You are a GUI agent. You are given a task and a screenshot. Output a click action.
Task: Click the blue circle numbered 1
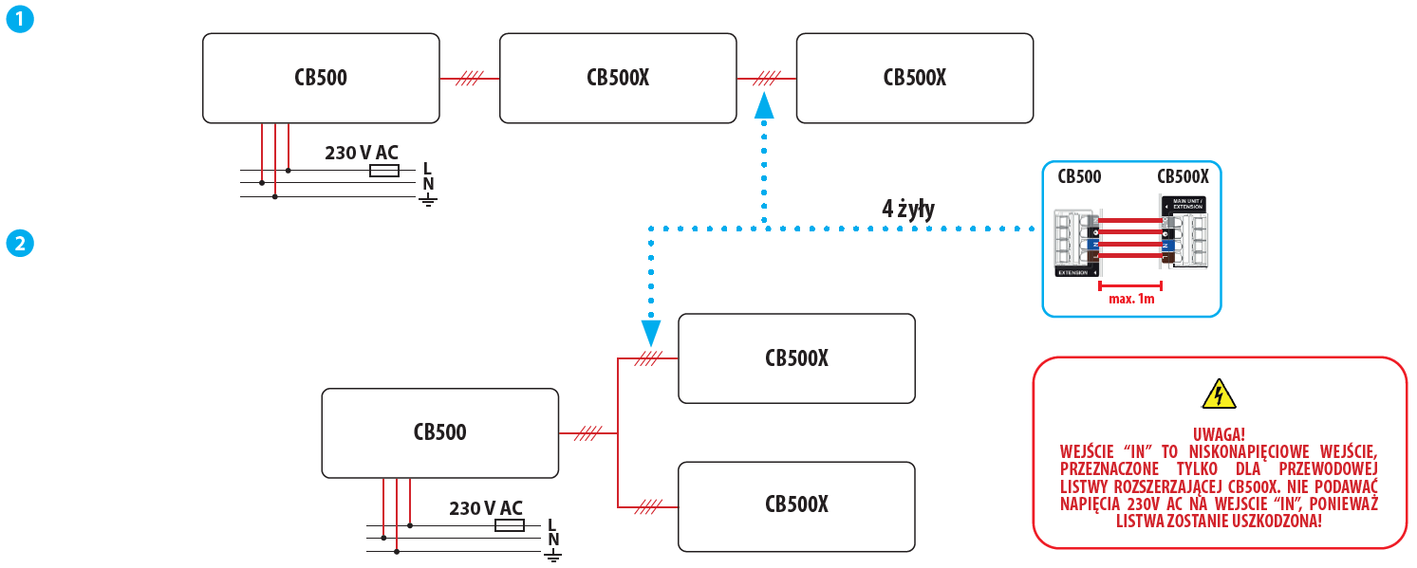coord(20,20)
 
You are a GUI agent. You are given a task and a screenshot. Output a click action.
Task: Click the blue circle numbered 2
coord(20,244)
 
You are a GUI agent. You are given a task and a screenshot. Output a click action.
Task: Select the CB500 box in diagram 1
coord(321,78)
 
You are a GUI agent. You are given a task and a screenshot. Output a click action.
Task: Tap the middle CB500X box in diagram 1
coord(618,78)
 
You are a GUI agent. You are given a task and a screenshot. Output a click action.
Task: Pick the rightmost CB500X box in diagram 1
coord(914,78)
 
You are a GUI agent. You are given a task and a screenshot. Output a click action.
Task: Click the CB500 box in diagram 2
coord(439,432)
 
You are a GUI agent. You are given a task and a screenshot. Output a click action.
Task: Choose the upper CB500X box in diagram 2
coord(796,358)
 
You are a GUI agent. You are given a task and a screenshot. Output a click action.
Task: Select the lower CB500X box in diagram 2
coord(796,505)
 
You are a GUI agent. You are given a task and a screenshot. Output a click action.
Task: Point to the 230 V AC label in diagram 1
coord(362,153)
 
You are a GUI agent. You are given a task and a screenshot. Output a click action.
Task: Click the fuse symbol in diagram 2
coord(511,525)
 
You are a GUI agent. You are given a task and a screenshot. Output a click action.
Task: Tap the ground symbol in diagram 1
coord(428,199)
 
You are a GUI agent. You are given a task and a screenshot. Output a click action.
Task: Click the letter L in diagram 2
coord(552,524)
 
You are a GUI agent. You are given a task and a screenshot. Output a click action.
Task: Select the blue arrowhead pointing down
coord(650,332)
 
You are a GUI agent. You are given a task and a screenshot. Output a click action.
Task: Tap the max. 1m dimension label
coord(1131,299)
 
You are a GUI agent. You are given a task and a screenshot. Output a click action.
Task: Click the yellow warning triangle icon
coord(1219,394)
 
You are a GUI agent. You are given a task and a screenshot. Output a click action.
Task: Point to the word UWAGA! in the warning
coord(1219,433)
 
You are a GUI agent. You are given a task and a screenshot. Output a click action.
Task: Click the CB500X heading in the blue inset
coord(1183,176)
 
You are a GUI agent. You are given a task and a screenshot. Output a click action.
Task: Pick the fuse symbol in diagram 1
coord(384,171)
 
